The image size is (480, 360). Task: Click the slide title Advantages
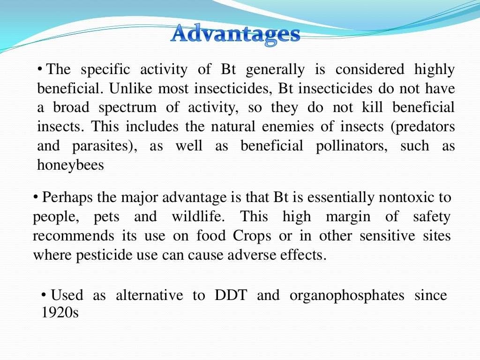[235, 35]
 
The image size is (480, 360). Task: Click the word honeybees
[70, 165]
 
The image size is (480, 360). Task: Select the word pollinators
[349, 146]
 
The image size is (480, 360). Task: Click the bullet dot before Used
[44, 294]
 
